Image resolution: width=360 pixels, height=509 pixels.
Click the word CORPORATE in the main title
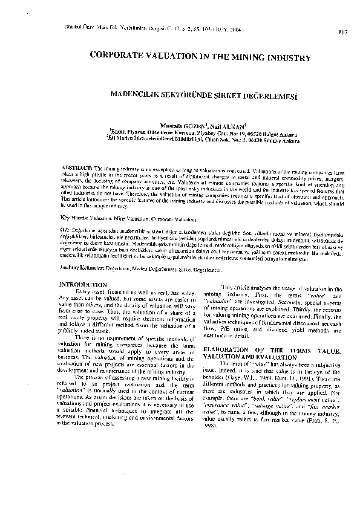tap(117, 57)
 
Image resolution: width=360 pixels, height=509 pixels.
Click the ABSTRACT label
tap(77, 167)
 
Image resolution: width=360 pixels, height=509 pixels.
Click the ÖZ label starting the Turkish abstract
tap(65, 230)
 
